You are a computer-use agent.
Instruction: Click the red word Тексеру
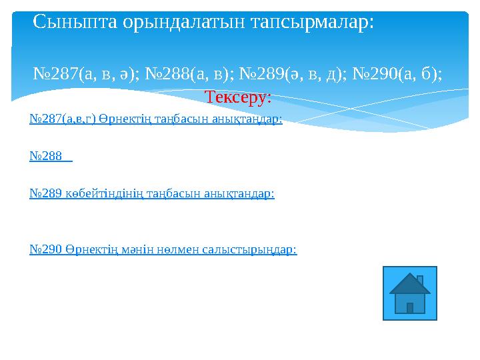click(x=237, y=97)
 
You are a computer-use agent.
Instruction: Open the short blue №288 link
click(x=48, y=156)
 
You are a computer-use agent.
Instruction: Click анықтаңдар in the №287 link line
click(x=247, y=119)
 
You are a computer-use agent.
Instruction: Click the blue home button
click(x=410, y=293)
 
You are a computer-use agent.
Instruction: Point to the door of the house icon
click(x=410, y=307)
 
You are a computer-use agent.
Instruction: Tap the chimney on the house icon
click(x=420, y=280)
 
